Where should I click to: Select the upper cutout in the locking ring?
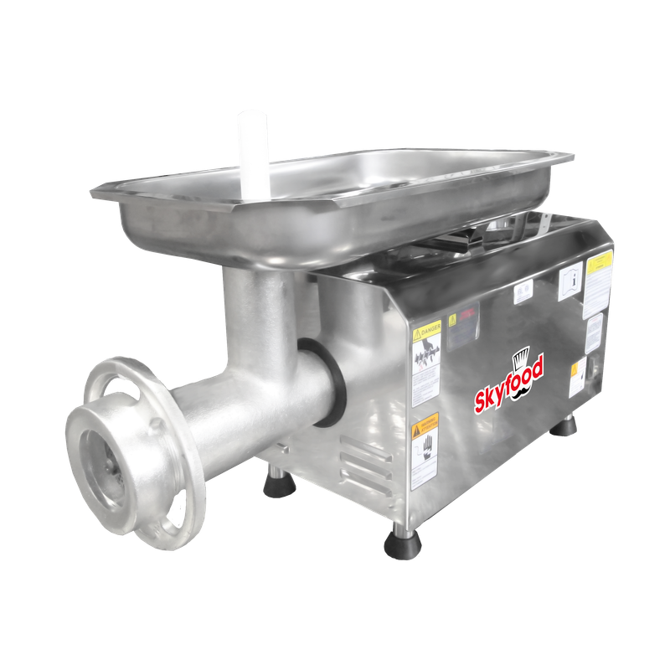coord(122,373)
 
